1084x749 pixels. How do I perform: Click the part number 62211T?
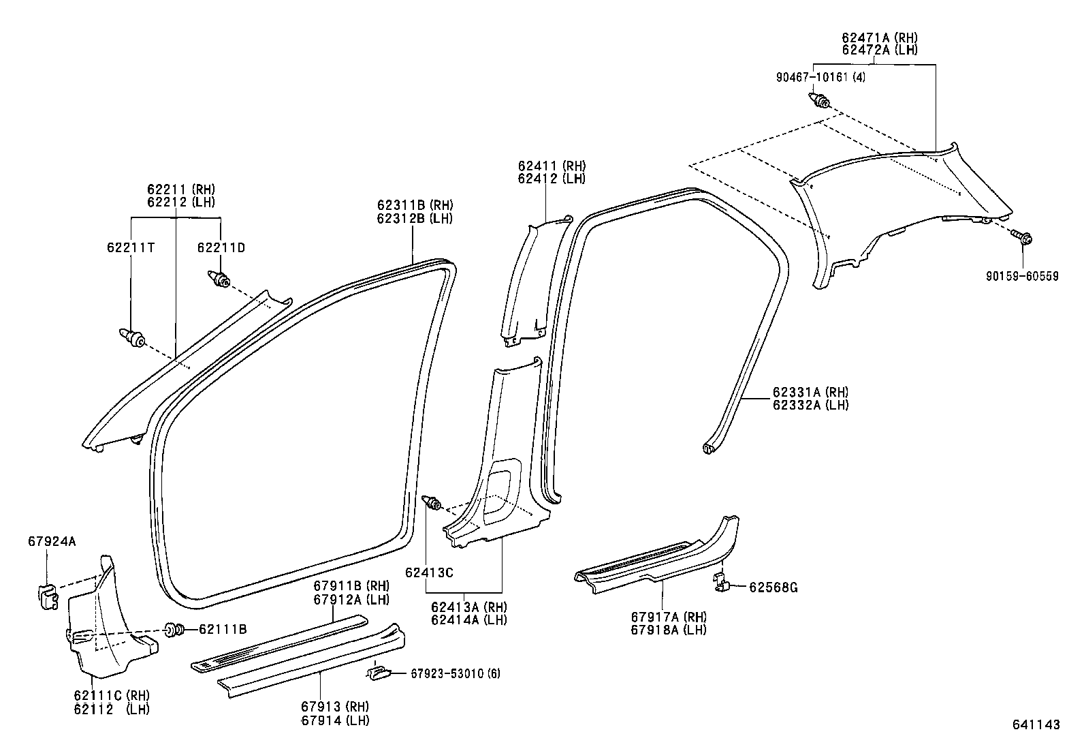(130, 248)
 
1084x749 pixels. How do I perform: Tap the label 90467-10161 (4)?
(820, 78)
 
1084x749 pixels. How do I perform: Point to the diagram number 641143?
(1036, 725)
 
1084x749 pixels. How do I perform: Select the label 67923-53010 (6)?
(455, 673)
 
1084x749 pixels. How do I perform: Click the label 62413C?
(429, 573)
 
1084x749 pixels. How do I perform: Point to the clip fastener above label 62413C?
(432, 504)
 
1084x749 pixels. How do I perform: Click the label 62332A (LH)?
(810, 405)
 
